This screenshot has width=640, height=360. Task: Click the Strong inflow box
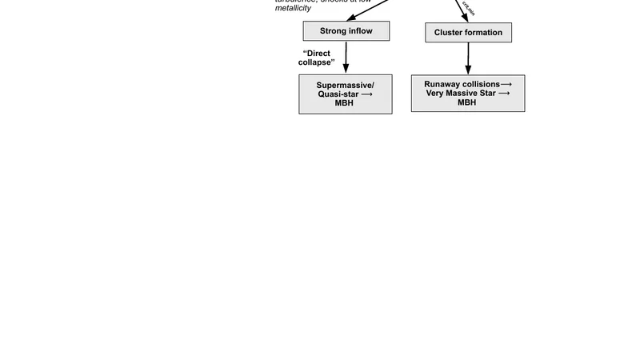click(x=346, y=31)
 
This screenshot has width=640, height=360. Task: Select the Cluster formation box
click(x=468, y=33)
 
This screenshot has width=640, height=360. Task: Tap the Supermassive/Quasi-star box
click(x=346, y=94)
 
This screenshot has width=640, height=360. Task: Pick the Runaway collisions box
click(x=468, y=94)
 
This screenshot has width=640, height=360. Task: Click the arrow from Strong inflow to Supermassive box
click(x=346, y=58)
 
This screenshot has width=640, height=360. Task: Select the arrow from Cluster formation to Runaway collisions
click(x=468, y=58)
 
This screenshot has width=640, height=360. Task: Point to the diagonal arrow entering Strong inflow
click(x=376, y=9)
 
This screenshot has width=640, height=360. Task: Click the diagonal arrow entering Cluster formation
click(x=462, y=10)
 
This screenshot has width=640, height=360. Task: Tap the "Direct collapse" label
click(x=317, y=58)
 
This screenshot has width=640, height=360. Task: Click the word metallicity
click(x=293, y=9)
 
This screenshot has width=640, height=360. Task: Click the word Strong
click(x=333, y=31)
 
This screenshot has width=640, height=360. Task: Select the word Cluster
click(x=450, y=33)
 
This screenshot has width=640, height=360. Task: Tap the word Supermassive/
click(x=345, y=85)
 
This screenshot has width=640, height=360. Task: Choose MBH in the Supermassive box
click(x=344, y=103)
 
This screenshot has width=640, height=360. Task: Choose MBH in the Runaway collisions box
click(x=466, y=102)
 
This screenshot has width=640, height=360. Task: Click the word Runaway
click(x=442, y=84)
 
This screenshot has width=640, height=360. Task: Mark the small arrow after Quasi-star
click(x=366, y=94)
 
